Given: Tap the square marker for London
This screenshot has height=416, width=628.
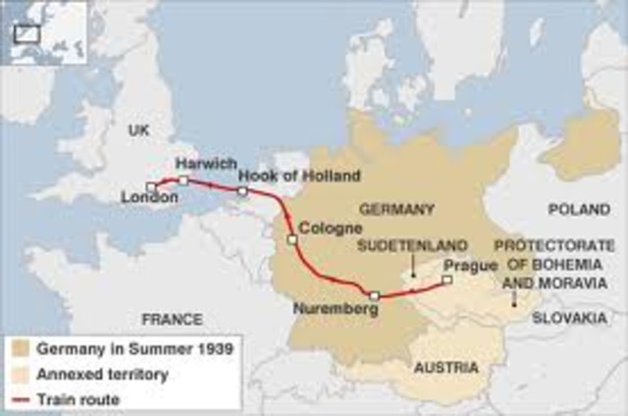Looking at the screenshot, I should (150, 185).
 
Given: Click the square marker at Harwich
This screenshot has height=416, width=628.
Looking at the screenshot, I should (183, 180).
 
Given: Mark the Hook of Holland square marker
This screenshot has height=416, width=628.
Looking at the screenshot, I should (242, 190).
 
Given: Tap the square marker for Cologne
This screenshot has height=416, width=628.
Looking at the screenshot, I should (290, 238).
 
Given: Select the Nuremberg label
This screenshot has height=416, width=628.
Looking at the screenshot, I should (336, 309).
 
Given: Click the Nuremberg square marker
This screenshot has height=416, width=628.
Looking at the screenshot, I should (374, 293).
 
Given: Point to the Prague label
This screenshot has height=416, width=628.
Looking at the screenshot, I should (465, 265).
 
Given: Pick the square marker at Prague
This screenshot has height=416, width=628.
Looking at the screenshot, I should (446, 280).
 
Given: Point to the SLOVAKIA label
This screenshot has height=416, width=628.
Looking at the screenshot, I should (569, 319).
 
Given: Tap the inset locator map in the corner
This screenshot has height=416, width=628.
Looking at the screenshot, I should (44, 31).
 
